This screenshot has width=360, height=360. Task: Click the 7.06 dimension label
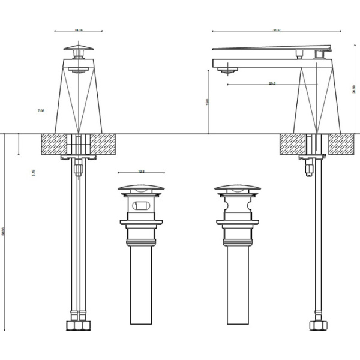click(x=41, y=111)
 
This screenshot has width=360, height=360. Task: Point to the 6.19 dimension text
click(x=34, y=173)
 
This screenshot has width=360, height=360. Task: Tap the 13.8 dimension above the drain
click(x=142, y=172)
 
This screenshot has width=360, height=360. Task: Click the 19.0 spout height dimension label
click(x=207, y=102)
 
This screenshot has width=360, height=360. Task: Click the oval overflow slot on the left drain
click(x=142, y=205)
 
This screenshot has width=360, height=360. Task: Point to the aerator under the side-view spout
click(x=225, y=71)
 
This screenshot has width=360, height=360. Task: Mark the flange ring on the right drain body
click(x=238, y=223)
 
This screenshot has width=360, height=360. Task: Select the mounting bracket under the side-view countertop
click(x=311, y=157)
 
